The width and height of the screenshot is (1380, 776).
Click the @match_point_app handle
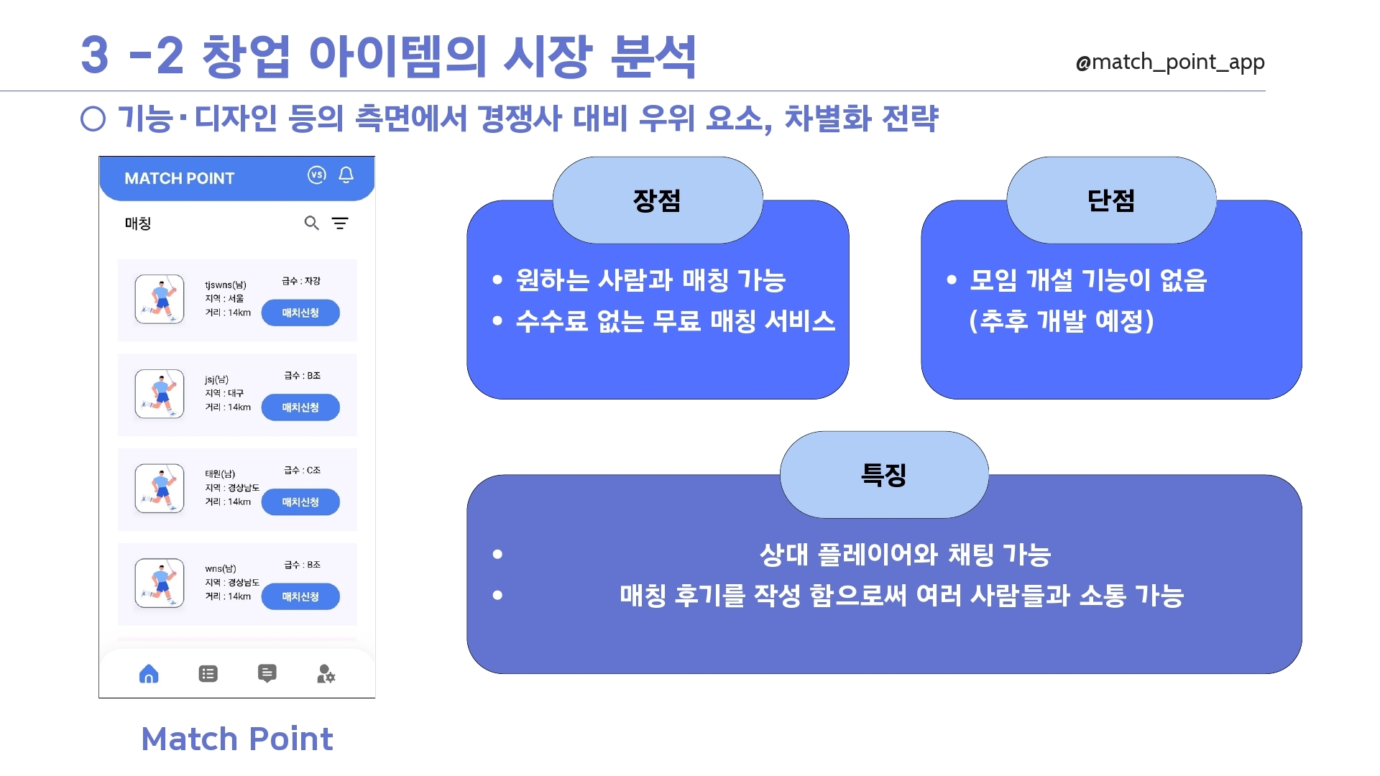coord(1169,63)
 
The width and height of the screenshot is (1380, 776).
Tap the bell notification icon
coord(346,175)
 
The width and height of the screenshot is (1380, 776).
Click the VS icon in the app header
coord(317,175)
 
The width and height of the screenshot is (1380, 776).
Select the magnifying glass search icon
coord(312,223)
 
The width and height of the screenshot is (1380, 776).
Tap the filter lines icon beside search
coord(340,223)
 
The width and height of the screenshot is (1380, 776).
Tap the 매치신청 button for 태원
coord(300,502)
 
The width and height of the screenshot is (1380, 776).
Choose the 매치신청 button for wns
coord(300,596)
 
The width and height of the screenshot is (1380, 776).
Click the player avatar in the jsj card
coord(160,394)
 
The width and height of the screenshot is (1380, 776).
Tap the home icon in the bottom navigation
coord(149,674)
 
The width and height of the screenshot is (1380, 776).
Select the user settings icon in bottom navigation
coord(326,674)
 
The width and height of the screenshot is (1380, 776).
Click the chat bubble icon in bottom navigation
coord(267,674)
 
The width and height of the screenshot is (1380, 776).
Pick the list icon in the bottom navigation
coord(208,674)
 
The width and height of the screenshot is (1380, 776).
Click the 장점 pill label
coord(657,200)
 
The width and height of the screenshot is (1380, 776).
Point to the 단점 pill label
coord(1111,200)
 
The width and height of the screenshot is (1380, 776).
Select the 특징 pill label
coord(884,475)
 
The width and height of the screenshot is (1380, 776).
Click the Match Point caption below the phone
coord(237,739)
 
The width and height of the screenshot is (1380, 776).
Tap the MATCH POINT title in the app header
coord(180,178)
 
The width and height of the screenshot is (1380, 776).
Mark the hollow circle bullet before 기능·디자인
coord(93,119)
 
